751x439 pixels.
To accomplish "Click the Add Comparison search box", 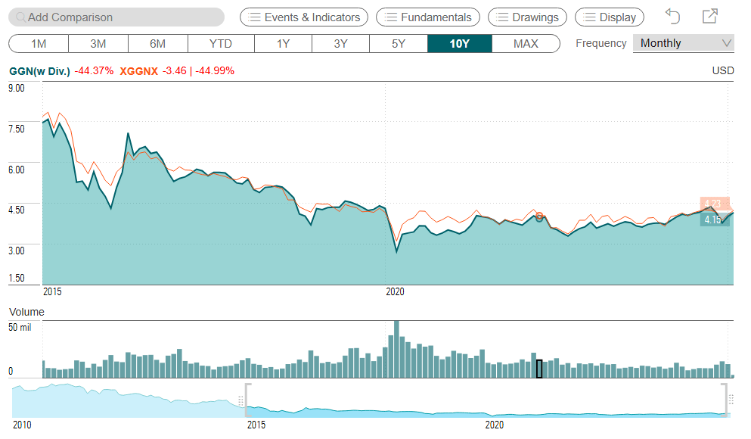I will pyautogui.click(x=117, y=17).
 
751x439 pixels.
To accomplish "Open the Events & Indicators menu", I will pyautogui.click(x=304, y=17).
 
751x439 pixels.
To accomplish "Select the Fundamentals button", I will pyautogui.click(x=428, y=17).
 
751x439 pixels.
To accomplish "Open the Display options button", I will pyautogui.click(x=610, y=17).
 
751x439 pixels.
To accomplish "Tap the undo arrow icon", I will pyautogui.click(x=672, y=16).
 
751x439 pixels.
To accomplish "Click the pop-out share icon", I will pyautogui.click(x=709, y=16).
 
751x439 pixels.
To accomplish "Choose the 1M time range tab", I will pyautogui.click(x=39, y=43).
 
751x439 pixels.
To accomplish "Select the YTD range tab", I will pyautogui.click(x=221, y=43).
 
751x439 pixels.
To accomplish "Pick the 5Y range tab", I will pyautogui.click(x=399, y=43).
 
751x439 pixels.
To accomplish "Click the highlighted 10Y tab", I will pyautogui.click(x=459, y=43).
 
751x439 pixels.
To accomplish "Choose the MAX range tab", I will pyautogui.click(x=526, y=43).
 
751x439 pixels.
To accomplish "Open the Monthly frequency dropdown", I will pyautogui.click(x=683, y=43).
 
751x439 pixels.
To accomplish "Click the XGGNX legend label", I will pyautogui.click(x=138, y=71).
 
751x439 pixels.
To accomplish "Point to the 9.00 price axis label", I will pyautogui.click(x=17, y=88).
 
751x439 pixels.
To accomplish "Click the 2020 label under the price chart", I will pyautogui.click(x=395, y=291).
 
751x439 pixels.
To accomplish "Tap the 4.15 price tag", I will pyautogui.click(x=713, y=220).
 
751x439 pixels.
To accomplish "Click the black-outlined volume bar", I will pyautogui.click(x=539, y=369).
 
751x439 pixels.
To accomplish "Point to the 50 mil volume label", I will pyautogui.click(x=20, y=328).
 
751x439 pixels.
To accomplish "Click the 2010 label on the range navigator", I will pyautogui.click(x=22, y=425).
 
